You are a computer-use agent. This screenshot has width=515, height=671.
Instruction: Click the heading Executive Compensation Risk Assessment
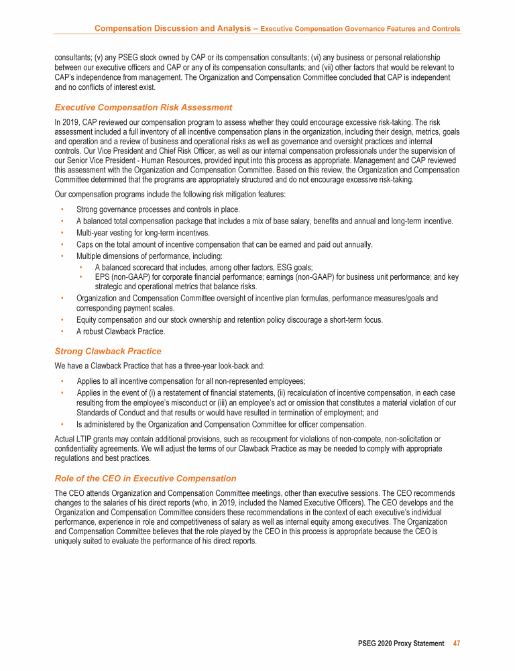[x=144, y=107]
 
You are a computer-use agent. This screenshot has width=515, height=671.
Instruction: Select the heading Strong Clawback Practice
[x=108, y=351]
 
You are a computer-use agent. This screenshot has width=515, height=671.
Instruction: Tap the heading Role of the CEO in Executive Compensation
[x=146, y=478]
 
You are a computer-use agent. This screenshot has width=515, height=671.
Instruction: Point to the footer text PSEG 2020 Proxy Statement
[x=401, y=643]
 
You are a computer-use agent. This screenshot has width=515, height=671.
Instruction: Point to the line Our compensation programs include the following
[x=170, y=195]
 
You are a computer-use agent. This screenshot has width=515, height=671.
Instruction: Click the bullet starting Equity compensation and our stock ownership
[x=229, y=320]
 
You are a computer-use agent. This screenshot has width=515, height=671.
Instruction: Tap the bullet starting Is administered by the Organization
[x=221, y=425]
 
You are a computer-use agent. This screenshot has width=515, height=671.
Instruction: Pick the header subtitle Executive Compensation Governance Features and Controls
[x=360, y=30]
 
